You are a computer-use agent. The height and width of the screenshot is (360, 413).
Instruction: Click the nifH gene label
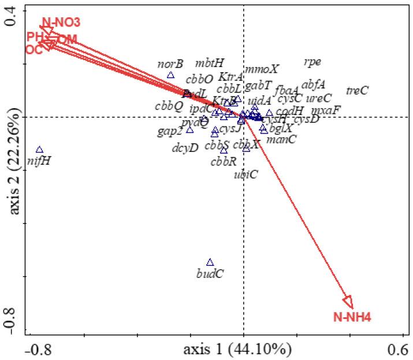tap(39, 161)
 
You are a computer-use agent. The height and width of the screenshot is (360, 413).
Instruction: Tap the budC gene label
tap(210, 273)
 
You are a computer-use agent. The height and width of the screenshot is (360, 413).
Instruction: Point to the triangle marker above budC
tap(210, 262)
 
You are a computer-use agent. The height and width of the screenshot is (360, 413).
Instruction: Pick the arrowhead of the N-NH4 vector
tap(348, 301)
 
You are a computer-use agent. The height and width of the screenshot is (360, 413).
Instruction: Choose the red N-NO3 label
tap(61, 23)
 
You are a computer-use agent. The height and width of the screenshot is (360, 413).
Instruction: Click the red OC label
tap(34, 50)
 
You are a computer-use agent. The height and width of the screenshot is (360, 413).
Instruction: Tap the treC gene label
tap(357, 90)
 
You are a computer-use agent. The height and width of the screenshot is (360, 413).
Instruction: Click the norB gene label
tap(170, 64)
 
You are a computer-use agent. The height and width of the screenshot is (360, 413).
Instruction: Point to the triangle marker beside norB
tap(170, 75)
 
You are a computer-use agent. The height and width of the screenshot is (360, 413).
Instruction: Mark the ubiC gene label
tap(246, 174)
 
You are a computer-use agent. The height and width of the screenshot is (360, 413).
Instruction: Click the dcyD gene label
tap(185, 147)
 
